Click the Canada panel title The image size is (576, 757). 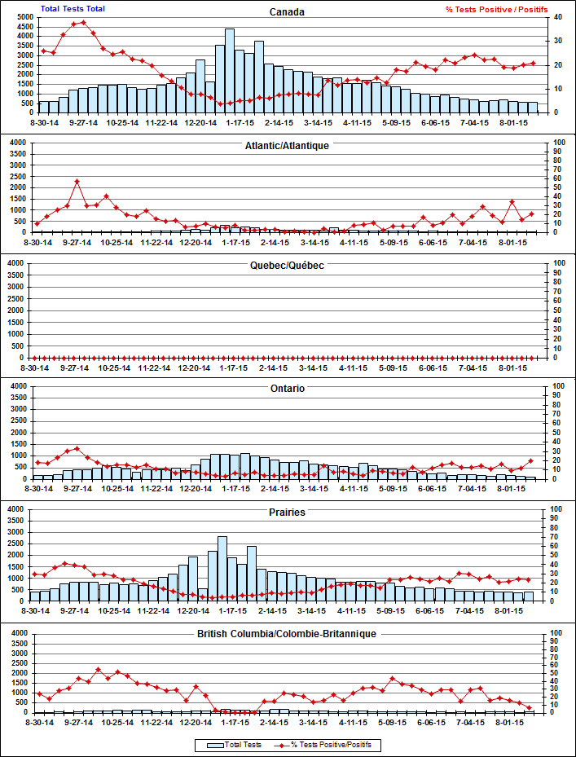(288, 12)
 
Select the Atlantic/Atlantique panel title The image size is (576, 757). (288, 145)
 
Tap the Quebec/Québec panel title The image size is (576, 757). (288, 266)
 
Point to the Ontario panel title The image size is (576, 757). (288, 389)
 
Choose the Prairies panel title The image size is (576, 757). (288, 513)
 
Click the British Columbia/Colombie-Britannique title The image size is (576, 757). (288, 633)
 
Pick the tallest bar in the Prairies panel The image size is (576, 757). (222, 568)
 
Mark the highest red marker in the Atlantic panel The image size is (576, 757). (77, 181)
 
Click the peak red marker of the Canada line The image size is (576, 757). (83, 23)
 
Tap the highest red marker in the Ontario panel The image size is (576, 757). (77, 448)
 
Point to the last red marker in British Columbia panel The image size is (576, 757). (530, 708)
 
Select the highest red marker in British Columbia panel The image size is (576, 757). (98, 670)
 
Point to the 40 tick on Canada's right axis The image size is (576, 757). (557, 17)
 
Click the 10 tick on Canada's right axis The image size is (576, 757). (557, 88)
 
